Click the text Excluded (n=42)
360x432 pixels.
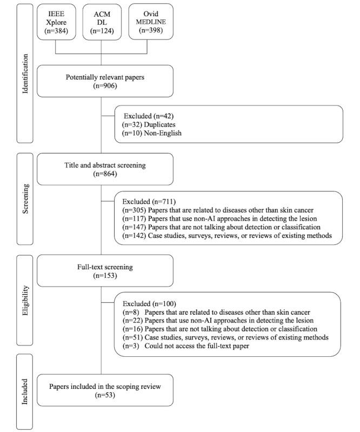(x=149, y=116)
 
